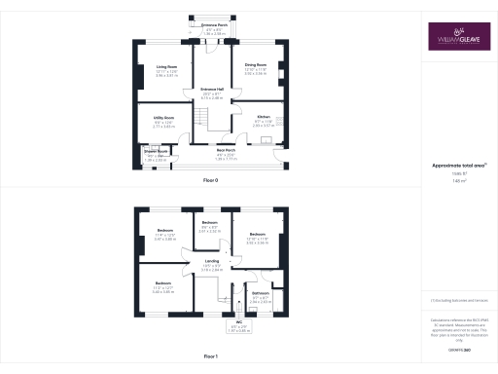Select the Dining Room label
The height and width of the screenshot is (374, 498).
coord(256,67)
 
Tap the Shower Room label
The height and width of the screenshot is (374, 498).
coord(157,151)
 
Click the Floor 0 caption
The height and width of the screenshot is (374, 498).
coord(211,181)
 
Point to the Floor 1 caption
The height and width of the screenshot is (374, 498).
coord(211,357)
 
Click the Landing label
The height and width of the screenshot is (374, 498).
coord(211,262)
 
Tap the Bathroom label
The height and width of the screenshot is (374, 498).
coord(260,292)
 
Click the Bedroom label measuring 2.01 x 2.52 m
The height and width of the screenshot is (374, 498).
coord(210,223)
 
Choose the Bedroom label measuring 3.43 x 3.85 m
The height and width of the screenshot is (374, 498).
coord(162,283)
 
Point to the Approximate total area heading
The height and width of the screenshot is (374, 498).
coord(454,165)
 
